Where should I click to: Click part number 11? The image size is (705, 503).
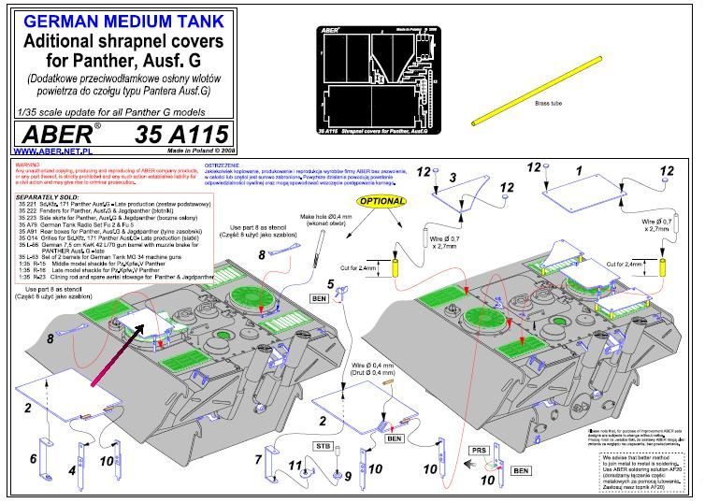[x=292, y=465]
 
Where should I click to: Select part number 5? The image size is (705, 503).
[x=329, y=284]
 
